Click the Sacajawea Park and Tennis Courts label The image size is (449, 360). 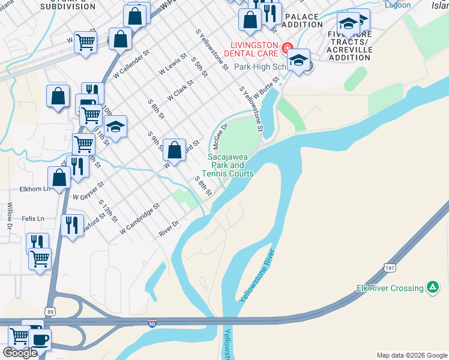point(231,165)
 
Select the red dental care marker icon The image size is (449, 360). point(287,47)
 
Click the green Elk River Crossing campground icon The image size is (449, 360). point(432,287)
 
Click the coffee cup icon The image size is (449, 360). point(40,339)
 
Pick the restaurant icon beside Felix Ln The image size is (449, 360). point(72,225)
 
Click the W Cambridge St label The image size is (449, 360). point(139,218)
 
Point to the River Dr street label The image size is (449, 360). point(169,228)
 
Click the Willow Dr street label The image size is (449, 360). point(10,216)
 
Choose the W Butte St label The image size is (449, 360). point(267,87)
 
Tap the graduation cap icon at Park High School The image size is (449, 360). point(298,60)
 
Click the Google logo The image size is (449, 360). point(20,353)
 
